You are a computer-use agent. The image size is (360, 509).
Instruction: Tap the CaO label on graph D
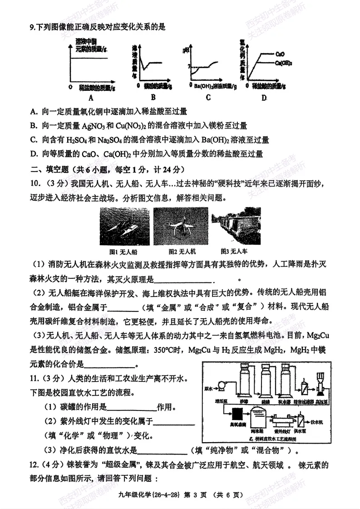tap(280, 54)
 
